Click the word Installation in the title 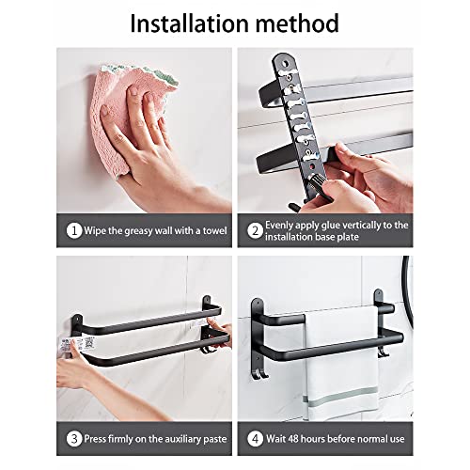[x=190, y=23]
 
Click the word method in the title [x=298, y=23]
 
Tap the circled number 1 [x=74, y=231]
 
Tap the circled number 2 [x=255, y=231]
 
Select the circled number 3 [x=74, y=439]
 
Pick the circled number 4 [x=255, y=439]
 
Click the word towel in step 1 [x=214, y=231]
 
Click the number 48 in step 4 [x=293, y=439]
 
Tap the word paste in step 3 [x=215, y=439]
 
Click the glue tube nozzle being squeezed [x=316, y=182]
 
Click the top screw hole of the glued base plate [x=285, y=64]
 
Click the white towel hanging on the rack [x=341, y=364]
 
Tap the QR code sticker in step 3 [x=88, y=343]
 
